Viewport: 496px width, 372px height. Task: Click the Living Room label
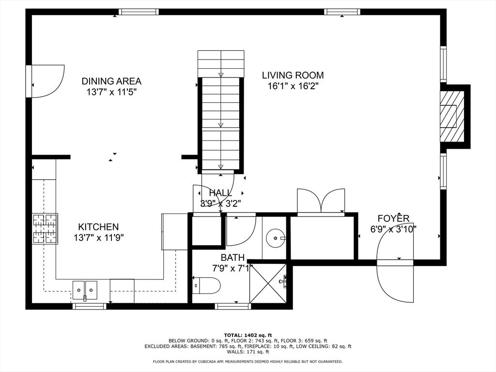point(293,75)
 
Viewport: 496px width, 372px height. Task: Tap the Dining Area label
point(111,81)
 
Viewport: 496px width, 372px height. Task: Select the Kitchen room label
point(98,227)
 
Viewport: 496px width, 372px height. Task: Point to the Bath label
point(232,258)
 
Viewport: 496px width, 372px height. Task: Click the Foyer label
point(393,218)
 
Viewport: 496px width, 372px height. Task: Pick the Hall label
point(220,193)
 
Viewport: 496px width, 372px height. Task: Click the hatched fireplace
point(452,116)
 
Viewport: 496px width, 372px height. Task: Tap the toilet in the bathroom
point(206,286)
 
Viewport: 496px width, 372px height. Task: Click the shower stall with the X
point(268,283)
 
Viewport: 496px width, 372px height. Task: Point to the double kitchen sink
point(85,290)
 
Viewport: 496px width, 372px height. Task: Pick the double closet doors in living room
point(321,201)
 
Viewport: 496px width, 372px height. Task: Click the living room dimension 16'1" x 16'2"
point(293,86)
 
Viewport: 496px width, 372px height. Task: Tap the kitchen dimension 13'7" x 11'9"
point(99,237)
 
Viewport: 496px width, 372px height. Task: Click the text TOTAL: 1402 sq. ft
point(248,335)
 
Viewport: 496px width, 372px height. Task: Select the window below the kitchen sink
point(90,306)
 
